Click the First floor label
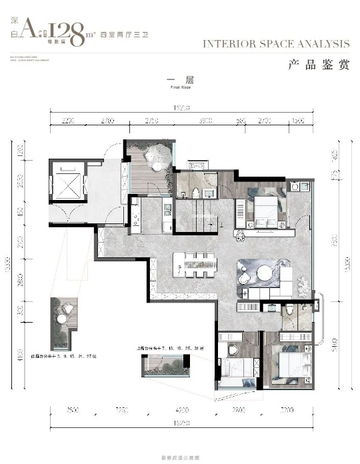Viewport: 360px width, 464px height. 181,87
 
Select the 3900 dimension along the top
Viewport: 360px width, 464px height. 206,121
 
